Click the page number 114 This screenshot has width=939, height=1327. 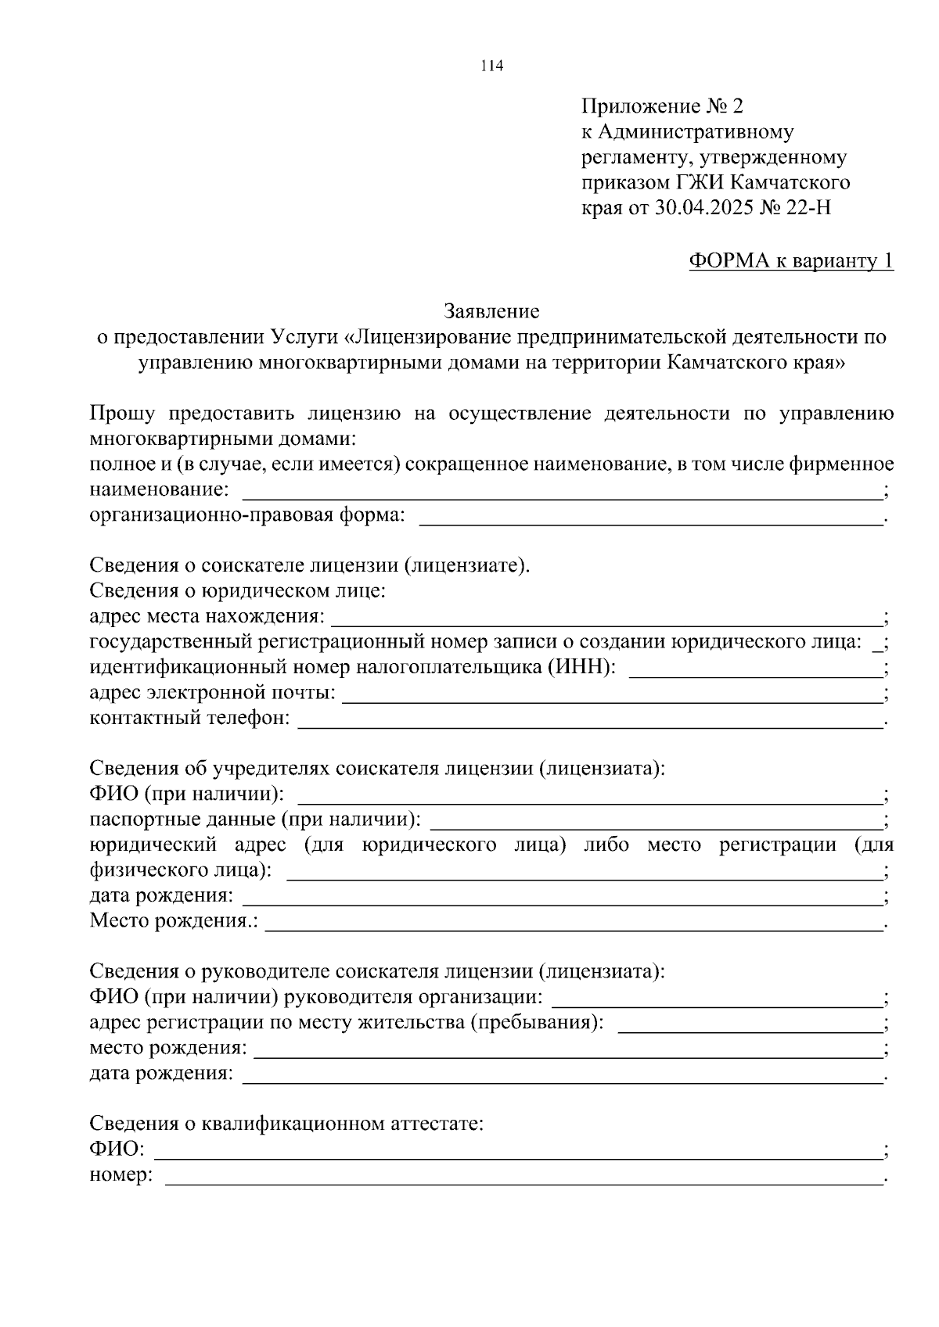tap(491, 66)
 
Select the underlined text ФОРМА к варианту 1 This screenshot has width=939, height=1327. tap(790, 261)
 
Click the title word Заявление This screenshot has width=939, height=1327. tap(491, 312)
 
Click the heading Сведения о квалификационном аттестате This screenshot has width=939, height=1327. tap(286, 1124)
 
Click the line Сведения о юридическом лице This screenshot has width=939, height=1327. tap(238, 590)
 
